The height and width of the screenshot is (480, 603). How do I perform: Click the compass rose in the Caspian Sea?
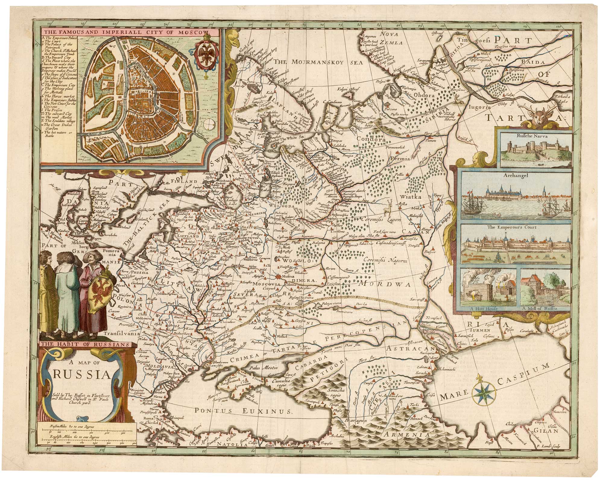(x=485, y=395)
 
